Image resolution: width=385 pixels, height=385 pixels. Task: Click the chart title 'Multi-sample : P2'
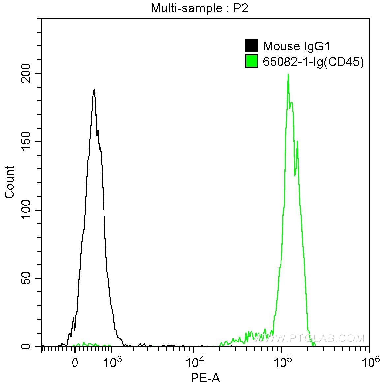199,8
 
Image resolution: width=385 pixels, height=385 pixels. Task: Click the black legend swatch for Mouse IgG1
252,46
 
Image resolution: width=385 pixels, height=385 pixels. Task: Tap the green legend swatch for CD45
252,61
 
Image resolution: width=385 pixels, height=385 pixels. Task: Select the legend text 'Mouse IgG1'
297,46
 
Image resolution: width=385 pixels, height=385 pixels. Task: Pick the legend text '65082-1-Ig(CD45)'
313,62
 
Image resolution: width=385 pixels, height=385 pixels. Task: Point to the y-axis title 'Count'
10,182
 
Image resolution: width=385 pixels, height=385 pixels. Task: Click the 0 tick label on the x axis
75,363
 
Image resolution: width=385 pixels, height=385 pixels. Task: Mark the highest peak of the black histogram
94,89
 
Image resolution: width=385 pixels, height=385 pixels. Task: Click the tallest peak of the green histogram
288,74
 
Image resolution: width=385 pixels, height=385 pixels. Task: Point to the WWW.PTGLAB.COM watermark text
310,338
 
